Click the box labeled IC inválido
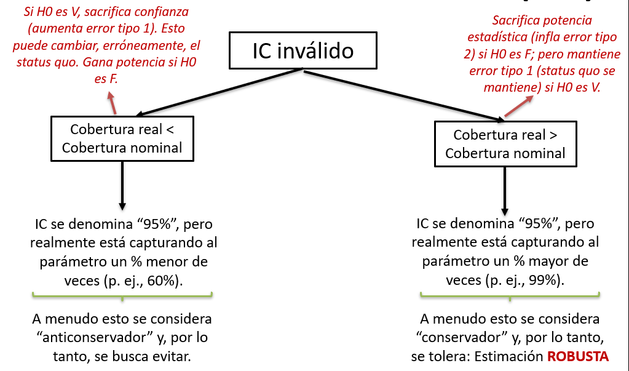tap(303, 50)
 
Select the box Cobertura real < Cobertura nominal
tap(122, 138)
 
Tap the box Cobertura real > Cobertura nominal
tap(505, 144)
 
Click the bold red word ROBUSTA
tap(578, 357)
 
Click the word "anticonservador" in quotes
tap(85, 338)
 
